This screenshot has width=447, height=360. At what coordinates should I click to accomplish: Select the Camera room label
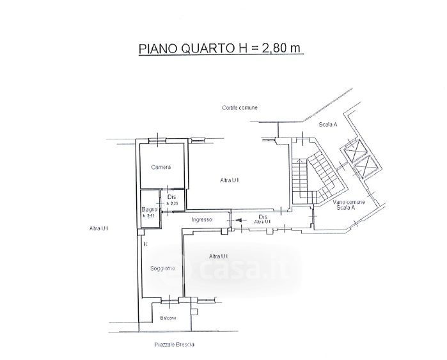(x=161, y=168)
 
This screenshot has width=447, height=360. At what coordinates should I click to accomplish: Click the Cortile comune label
(x=240, y=107)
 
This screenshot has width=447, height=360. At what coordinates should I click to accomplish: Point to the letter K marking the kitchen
(x=146, y=244)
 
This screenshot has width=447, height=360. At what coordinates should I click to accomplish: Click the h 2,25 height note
(x=172, y=204)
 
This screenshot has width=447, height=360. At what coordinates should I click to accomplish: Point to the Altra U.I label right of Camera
(x=230, y=181)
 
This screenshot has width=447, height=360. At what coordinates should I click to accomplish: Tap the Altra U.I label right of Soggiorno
(x=219, y=256)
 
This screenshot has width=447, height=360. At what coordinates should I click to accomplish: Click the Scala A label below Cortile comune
(x=327, y=125)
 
